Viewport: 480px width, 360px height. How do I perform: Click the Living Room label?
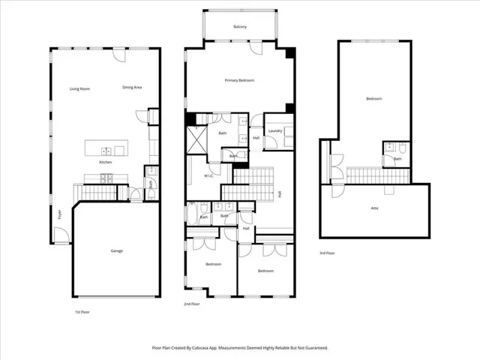tap(79, 88)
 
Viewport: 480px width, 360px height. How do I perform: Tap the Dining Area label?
tap(132, 88)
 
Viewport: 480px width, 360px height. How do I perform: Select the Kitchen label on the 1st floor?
tap(106, 162)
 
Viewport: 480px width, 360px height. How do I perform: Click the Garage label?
tap(116, 250)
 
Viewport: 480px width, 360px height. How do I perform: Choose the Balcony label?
tap(240, 27)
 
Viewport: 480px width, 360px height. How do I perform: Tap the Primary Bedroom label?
tap(239, 79)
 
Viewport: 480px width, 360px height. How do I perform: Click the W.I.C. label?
tap(209, 176)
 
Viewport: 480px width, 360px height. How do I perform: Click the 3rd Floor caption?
tap(327, 253)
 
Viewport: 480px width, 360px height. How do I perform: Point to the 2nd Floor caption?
tap(191, 304)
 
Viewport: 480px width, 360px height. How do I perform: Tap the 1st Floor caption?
tap(81, 310)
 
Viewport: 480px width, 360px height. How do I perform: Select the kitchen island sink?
tap(106, 151)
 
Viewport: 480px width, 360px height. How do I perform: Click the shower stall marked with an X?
tap(196, 139)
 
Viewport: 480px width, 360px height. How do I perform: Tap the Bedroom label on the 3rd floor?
tap(373, 99)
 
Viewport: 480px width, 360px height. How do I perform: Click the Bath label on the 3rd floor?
tap(397, 159)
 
